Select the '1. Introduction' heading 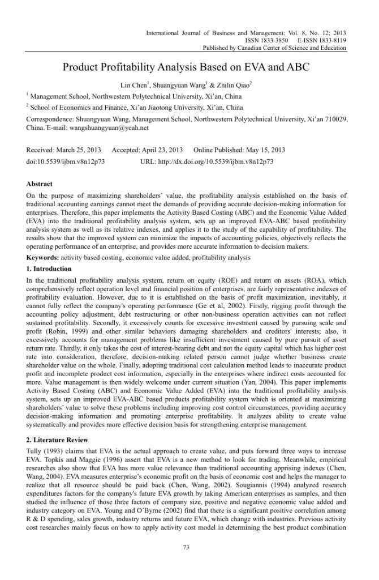pyautogui.click(x=49, y=268)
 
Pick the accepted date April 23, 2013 pyautogui.click(x=160, y=150)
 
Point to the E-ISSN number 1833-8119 pyautogui.click(x=330, y=40)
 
